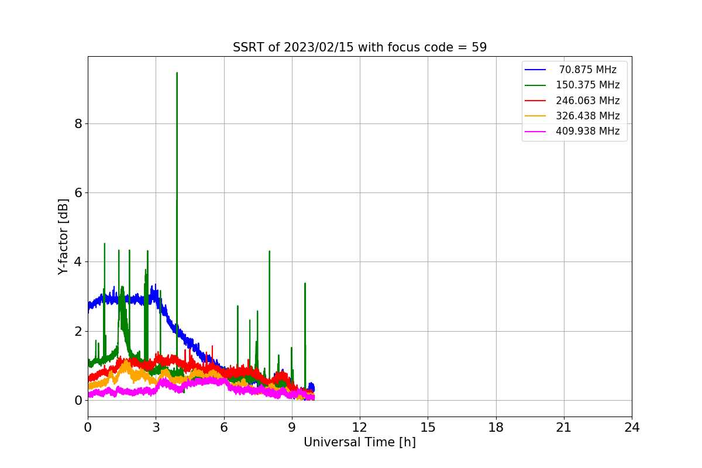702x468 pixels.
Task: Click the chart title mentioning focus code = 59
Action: (x=359, y=47)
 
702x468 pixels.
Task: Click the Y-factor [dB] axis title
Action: (x=63, y=236)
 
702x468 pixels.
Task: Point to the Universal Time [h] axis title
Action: (x=359, y=443)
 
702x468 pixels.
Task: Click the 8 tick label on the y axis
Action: (x=77, y=123)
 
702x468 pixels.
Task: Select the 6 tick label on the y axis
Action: (x=77, y=192)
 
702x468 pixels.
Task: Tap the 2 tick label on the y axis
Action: (x=77, y=331)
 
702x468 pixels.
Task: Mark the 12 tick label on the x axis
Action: (x=359, y=428)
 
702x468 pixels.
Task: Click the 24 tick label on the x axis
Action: (x=632, y=428)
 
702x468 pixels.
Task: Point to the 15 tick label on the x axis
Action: (x=428, y=428)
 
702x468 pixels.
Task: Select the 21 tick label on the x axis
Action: (x=564, y=428)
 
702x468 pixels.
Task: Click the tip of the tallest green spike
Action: (x=177, y=73)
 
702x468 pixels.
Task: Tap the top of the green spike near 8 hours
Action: (x=269, y=252)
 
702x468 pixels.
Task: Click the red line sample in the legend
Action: (x=535, y=101)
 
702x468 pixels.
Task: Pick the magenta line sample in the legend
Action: (x=535, y=131)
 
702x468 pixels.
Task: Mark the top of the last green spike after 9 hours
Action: (x=305, y=284)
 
